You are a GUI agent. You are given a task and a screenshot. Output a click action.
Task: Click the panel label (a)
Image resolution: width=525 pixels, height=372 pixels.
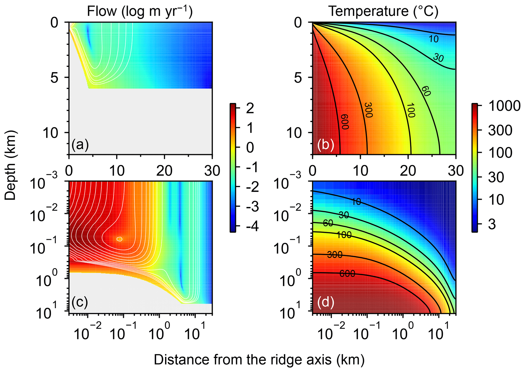(x=80, y=145)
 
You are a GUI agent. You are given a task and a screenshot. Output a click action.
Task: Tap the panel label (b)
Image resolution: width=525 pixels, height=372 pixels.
(x=326, y=145)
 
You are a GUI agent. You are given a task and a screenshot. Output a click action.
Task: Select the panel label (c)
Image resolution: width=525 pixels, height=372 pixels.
(x=80, y=302)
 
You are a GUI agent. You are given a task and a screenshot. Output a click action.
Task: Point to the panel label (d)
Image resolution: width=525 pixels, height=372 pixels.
(x=326, y=302)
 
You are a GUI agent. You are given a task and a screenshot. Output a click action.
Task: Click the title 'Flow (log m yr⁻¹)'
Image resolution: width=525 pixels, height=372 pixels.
(x=140, y=11)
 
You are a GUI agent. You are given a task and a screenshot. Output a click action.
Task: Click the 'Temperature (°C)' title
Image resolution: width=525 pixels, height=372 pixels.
(x=383, y=11)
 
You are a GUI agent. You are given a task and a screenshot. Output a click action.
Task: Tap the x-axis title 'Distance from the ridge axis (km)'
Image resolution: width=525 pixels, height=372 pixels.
(x=259, y=360)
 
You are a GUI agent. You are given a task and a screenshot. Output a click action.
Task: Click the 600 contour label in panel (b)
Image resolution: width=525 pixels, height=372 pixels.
(x=344, y=122)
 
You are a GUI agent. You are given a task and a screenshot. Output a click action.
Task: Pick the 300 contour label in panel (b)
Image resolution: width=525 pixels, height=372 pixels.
(x=368, y=110)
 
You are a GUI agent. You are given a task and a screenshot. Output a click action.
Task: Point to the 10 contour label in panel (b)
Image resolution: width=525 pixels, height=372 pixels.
(x=434, y=39)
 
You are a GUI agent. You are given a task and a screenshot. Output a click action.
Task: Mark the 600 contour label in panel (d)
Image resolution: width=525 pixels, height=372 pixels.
(x=347, y=273)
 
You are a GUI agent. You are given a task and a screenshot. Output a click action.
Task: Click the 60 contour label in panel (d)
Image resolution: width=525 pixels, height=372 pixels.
(x=328, y=223)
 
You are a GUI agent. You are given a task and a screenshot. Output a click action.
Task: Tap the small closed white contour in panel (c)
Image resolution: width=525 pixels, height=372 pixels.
(x=119, y=239)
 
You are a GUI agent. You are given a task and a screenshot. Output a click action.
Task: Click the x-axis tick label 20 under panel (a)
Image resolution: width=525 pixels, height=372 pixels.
(x=164, y=171)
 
